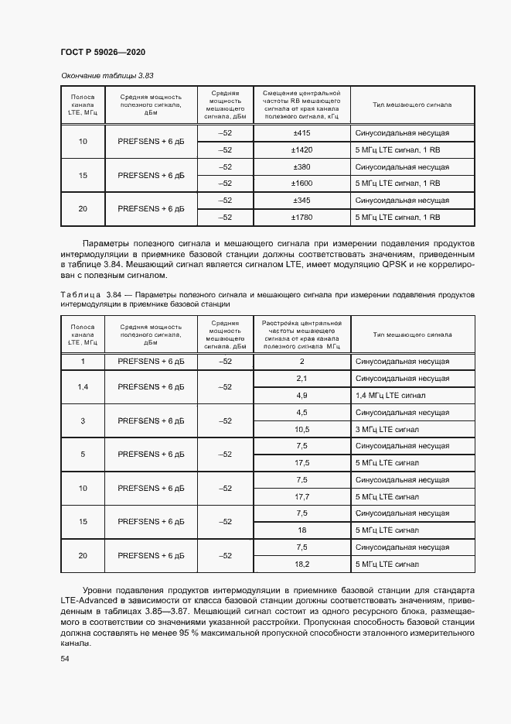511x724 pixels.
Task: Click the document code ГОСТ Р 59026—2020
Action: click(x=103, y=52)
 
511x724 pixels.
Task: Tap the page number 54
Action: click(x=64, y=658)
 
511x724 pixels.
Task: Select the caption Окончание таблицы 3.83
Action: click(x=107, y=76)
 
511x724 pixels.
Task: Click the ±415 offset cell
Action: click(x=301, y=133)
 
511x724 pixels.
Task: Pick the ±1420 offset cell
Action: click(x=301, y=149)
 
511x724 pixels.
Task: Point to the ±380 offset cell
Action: click(x=301, y=166)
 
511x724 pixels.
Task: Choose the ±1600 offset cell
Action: click(x=301, y=184)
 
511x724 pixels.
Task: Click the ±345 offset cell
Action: click(x=301, y=201)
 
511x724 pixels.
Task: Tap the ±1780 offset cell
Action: click(x=301, y=218)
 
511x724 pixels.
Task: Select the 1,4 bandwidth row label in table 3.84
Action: click(x=83, y=386)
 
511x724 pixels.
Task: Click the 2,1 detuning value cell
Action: click(x=301, y=378)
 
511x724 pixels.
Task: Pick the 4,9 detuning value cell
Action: click(x=301, y=395)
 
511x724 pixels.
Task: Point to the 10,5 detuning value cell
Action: click(x=301, y=429)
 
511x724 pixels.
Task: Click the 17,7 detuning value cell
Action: click(x=301, y=496)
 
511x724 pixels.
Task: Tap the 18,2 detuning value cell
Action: click(x=301, y=564)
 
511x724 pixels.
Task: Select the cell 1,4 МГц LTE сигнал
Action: click(x=390, y=395)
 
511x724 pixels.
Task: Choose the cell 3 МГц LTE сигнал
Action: click(x=387, y=429)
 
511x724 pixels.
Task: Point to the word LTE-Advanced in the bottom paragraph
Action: click(x=87, y=601)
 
